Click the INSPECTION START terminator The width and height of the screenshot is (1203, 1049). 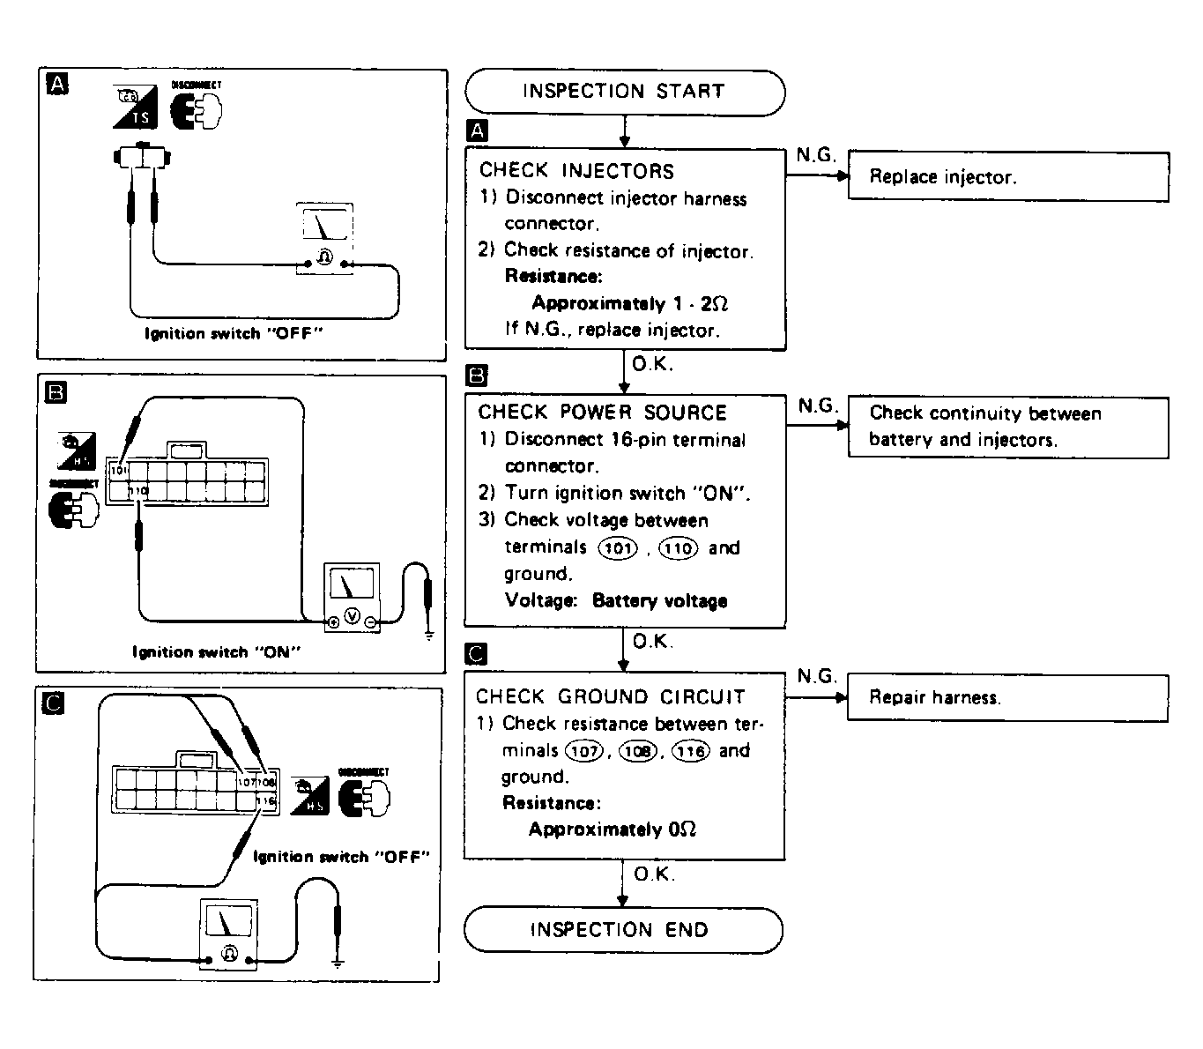click(624, 92)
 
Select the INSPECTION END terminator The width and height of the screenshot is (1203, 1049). click(622, 930)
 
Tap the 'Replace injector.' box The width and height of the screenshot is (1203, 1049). click(1007, 176)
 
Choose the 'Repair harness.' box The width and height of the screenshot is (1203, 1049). click(1006, 698)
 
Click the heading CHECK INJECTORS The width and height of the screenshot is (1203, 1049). click(576, 171)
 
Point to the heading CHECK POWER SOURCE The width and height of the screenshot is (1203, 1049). click(602, 413)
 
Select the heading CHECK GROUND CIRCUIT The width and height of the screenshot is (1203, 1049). click(610, 697)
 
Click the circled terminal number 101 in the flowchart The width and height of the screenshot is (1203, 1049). click(618, 548)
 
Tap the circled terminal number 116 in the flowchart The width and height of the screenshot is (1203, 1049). click(690, 751)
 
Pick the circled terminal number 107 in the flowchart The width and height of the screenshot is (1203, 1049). click(583, 751)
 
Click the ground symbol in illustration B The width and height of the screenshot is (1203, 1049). click(429, 634)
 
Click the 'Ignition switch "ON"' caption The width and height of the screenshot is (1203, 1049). click(217, 652)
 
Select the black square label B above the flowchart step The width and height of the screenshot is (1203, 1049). click(476, 376)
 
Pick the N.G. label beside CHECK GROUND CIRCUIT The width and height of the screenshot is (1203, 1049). click(816, 676)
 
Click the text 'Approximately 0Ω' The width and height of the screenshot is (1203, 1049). click(612, 830)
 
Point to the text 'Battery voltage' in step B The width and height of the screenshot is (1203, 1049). click(659, 601)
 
